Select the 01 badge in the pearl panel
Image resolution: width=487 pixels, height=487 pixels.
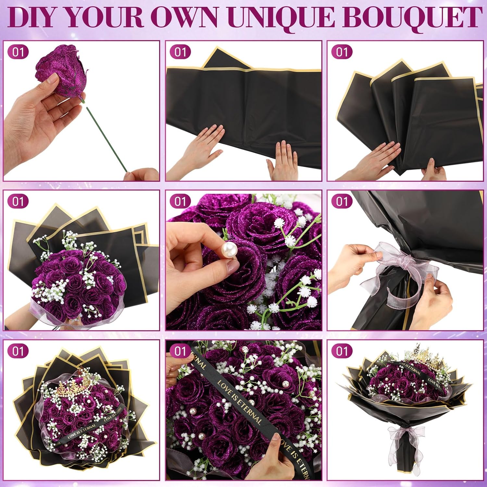tap(180, 201)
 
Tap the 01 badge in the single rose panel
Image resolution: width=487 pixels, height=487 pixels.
tap(18, 52)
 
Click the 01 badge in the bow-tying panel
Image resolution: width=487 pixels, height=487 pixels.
tap(342, 201)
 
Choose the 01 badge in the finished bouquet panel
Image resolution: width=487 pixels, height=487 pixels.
tap(342, 351)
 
